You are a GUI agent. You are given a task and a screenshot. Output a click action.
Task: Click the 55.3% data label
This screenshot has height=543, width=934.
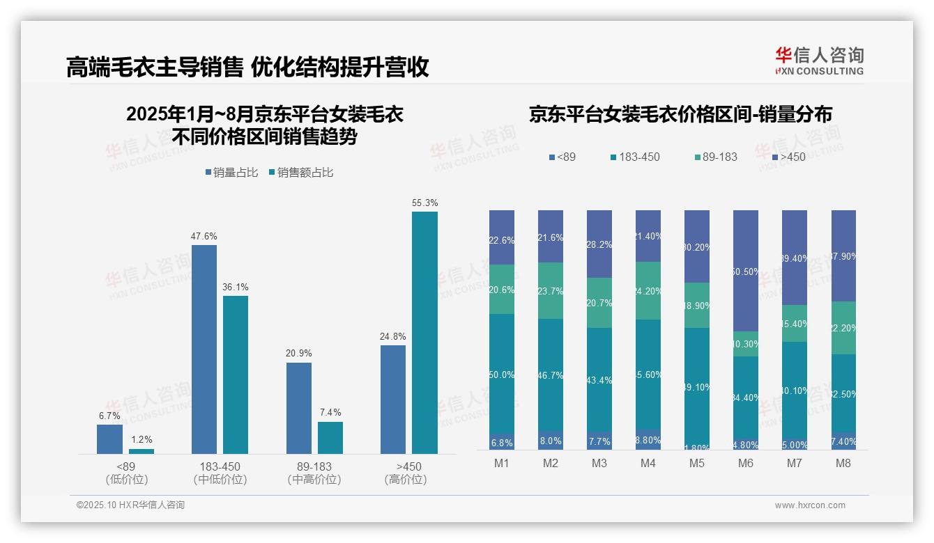coord(424,203)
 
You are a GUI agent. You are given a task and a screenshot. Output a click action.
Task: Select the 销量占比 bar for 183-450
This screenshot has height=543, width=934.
coord(204,349)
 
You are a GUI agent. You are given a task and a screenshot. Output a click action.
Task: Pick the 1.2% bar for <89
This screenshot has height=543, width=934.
coord(141,451)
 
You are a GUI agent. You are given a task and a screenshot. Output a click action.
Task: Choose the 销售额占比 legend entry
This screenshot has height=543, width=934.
coord(300,173)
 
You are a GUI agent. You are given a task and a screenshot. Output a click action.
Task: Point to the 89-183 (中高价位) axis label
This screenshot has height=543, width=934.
coord(314,473)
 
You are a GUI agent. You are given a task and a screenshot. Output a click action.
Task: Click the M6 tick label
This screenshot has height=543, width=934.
coord(745,463)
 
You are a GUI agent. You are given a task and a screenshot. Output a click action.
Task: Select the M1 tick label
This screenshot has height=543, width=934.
coord(502,463)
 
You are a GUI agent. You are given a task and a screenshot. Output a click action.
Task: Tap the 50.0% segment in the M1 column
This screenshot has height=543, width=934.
coord(502,375)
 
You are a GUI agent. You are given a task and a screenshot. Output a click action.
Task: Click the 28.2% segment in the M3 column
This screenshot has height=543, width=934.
coord(599,244)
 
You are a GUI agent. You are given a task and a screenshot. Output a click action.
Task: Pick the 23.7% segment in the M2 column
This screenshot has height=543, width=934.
coord(550,290)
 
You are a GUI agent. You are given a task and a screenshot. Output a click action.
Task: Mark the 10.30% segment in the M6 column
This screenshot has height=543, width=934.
coord(745,344)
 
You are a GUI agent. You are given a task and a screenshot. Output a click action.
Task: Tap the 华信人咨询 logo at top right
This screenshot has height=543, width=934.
coord(819,61)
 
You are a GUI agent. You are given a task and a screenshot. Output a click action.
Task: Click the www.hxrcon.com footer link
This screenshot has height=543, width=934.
coord(810,505)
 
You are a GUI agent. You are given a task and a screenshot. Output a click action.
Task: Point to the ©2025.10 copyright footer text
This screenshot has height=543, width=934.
coord(130,505)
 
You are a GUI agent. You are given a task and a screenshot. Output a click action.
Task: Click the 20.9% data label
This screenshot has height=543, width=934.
coord(298,354)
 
